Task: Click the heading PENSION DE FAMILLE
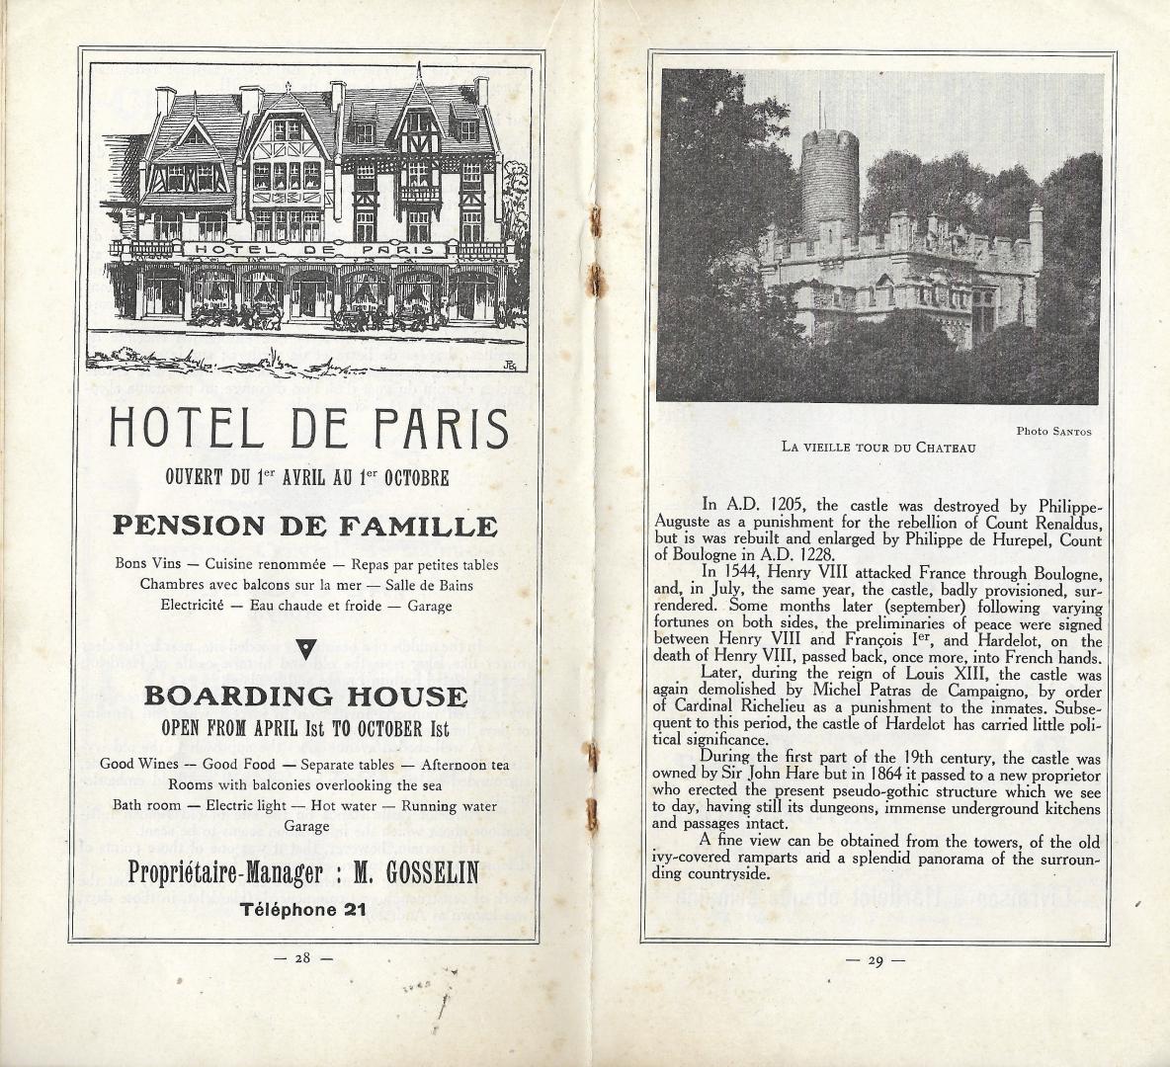304,525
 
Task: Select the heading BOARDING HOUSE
304,696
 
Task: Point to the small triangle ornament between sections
305,648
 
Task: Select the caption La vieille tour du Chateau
877,447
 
